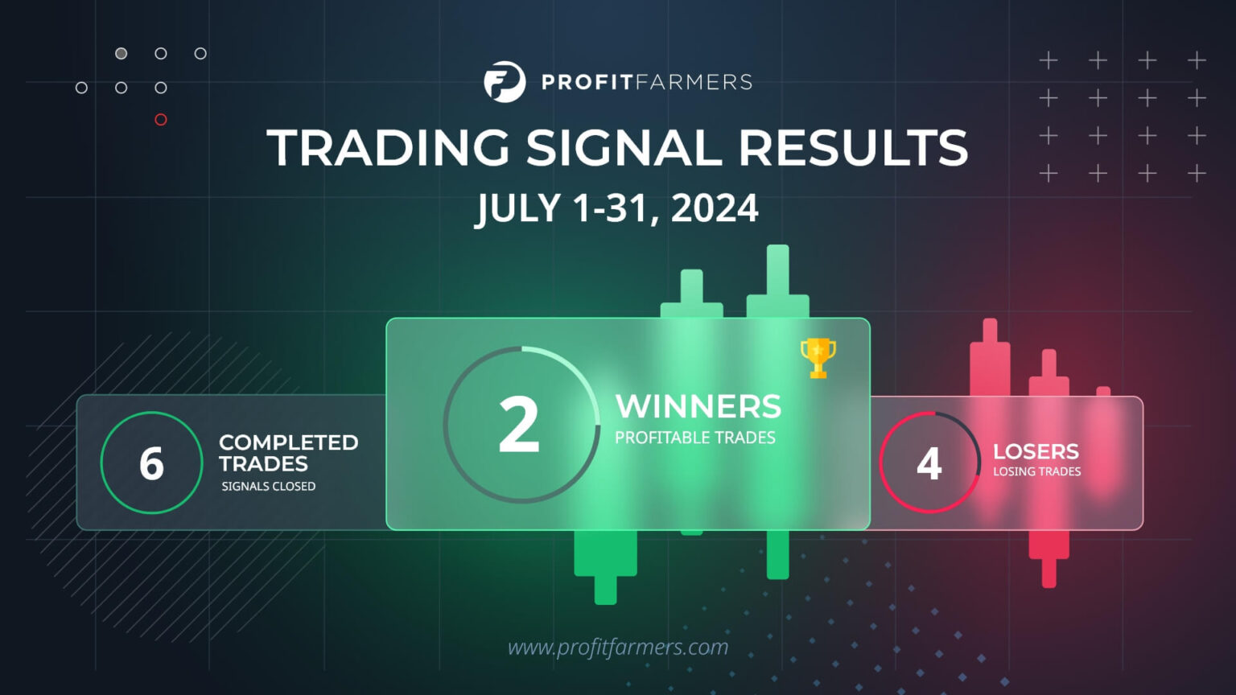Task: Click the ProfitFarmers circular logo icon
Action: click(505, 82)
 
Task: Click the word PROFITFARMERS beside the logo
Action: click(647, 82)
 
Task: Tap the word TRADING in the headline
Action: click(388, 148)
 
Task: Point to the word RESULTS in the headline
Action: click(853, 148)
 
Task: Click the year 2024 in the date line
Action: click(715, 208)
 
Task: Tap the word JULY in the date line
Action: click(517, 208)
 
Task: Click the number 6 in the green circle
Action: click(151, 464)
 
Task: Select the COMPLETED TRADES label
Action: click(288, 453)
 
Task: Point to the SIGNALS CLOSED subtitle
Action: click(269, 487)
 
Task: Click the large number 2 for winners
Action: click(519, 425)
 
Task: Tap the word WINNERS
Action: click(698, 407)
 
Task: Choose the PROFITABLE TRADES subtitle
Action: click(695, 438)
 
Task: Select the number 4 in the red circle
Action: click(929, 464)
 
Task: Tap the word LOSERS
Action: click(1036, 452)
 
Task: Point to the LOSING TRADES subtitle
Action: click(1036, 472)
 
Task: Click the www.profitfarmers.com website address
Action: click(618, 647)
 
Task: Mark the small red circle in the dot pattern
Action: click(161, 120)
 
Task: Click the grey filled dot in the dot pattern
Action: click(121, 54)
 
